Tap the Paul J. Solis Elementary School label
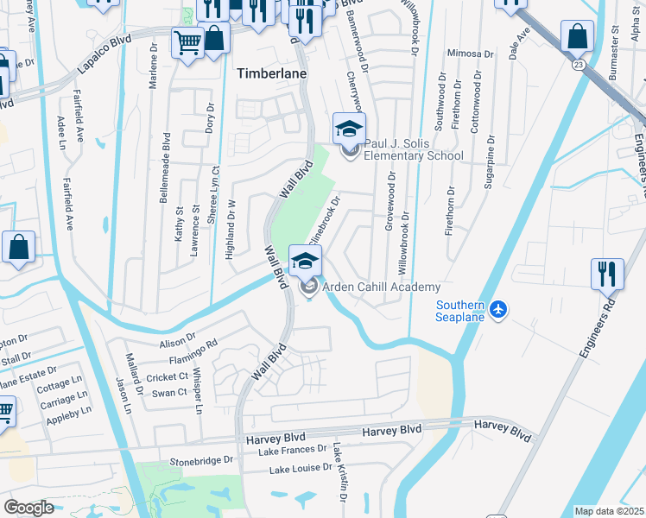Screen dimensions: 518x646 413,149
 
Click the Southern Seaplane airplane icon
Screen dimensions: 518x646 497,309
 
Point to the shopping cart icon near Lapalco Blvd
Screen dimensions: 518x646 187,41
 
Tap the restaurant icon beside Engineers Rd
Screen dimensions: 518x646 607,274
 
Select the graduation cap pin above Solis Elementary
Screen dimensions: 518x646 350,129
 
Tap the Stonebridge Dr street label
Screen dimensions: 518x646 202,461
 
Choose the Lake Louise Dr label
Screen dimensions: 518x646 301,469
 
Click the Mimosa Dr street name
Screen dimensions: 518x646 470,54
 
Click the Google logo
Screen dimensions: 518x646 29,508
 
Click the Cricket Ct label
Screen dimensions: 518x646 168,377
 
